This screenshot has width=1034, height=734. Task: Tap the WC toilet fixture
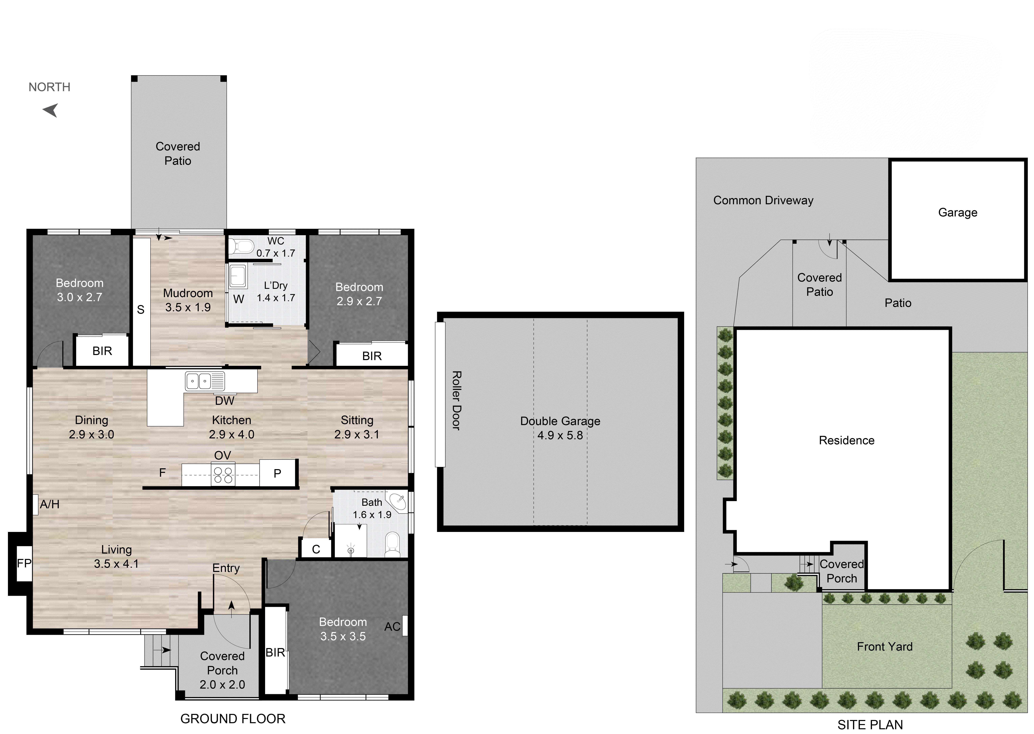pyautogui.click(x=242, y=246)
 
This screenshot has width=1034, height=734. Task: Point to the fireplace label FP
pyautogui.click(x=24, y=563)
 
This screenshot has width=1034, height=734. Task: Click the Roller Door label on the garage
pyautogui.click(x=456, y=400)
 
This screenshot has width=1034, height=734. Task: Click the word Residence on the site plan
pyautogui.click(x=847, y=440)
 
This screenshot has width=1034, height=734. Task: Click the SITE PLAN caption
pyautogui.click(x=870, y=725)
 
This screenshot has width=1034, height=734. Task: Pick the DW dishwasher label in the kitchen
pyautogui.click(x=225, y=400)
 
